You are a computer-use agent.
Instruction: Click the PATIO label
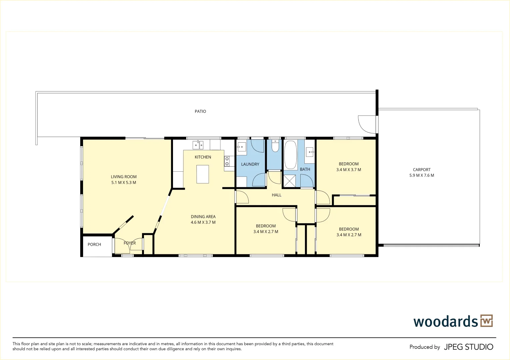(x=200, y=111)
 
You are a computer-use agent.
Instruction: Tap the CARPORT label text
(x=422, y=170)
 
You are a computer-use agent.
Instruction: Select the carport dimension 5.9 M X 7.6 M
(x=422, y=175)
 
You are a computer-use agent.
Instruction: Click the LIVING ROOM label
(x=124, y=177)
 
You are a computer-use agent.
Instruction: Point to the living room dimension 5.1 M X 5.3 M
(x=124, y=183)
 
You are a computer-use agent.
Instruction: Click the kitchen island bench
(x=203, y=174)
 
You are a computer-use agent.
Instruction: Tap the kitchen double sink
(x=198, y=145)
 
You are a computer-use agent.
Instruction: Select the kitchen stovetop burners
(x=227, y=161)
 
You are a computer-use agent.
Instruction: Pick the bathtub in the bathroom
(x=290, y=155)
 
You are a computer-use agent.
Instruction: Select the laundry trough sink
(x=241, y=147)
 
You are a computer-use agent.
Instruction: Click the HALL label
(x=276, y=195)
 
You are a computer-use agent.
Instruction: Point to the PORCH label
(x=94, y=244)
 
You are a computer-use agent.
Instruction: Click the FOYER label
(x=130, y=243)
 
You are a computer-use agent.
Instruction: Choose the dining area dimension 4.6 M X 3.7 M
(x=203, y=222)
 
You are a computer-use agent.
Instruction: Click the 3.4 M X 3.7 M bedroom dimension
(x=349, y=170)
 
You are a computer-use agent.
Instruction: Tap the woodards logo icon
(x=486, y=321)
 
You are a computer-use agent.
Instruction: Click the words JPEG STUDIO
(x=468, y=347)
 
